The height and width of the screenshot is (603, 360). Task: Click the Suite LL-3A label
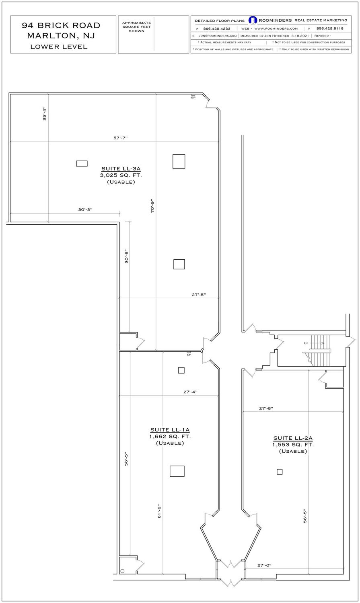pos(121,169)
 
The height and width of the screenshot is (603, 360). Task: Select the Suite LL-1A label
pos(170,430)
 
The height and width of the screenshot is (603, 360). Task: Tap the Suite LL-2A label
pos(293,438)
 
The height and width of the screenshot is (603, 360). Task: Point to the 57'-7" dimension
pos(120,138)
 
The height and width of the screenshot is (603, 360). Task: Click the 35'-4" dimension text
pos(45,114)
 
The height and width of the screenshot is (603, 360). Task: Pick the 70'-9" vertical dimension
pos(152,206)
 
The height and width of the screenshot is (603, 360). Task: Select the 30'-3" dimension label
pos(85,209)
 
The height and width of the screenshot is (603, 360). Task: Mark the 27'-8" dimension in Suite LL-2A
pos(266,408)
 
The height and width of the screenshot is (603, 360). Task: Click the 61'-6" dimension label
pos(159,511)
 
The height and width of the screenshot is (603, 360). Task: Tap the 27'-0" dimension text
pos(264,565)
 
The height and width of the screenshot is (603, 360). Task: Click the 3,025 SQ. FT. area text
pos(121,175)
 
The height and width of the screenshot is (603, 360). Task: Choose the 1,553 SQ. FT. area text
pos(293,445)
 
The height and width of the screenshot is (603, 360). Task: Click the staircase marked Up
pos(321,351)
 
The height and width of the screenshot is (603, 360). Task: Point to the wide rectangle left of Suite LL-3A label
pos(82,163)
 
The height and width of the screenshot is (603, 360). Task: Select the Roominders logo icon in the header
pos(253,20)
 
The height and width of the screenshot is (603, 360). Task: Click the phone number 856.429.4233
pos(217,29)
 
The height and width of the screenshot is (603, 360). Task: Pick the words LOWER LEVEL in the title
pos(59,47)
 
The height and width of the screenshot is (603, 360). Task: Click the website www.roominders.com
pos(276,29)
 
